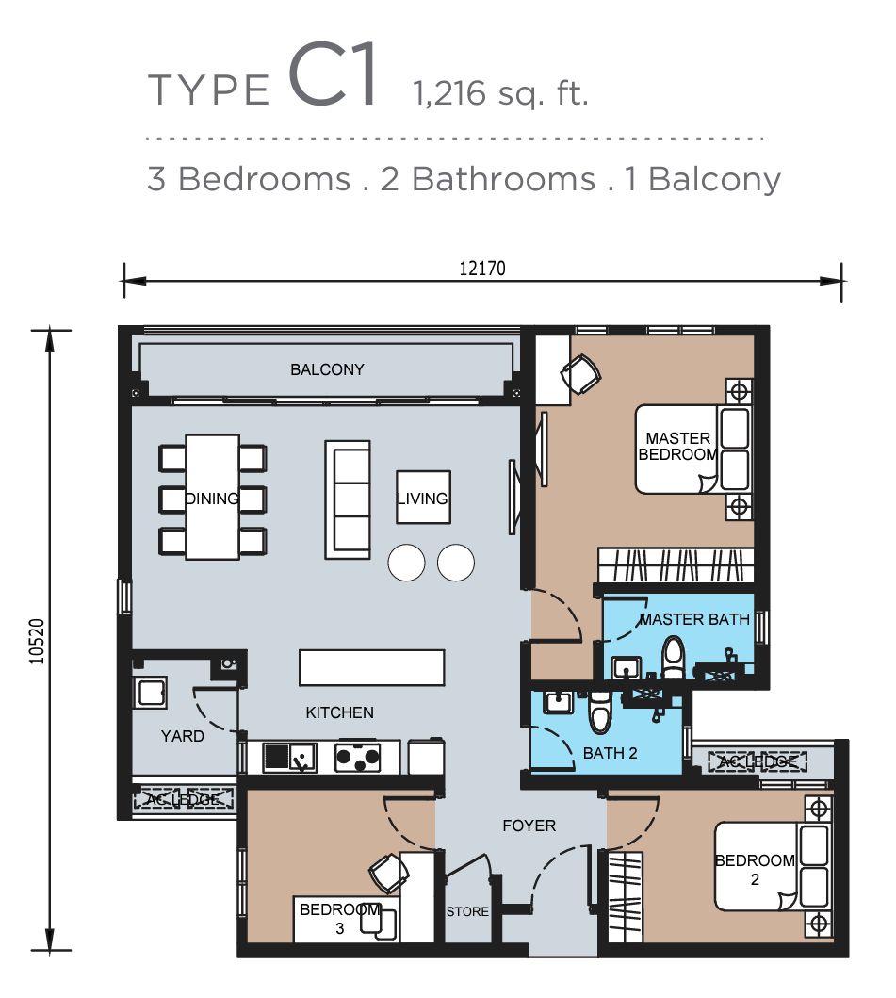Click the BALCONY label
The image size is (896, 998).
click(327, 369)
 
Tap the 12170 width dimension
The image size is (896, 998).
click(482, 268)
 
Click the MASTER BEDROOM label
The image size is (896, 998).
click(677, 446)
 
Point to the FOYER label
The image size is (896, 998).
click(529, 826)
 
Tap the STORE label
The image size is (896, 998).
click(467, 911)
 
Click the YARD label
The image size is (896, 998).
click(182, 736)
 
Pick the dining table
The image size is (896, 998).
click(212, 497)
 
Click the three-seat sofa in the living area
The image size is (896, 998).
click(348, 498)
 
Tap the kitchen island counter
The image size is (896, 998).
click(371, 667)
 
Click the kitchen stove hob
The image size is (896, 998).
click(358, 757)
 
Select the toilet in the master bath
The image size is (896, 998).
click(673, 657)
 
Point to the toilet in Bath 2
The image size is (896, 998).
click(599, 712)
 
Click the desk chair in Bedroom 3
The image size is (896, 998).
click(388, 873)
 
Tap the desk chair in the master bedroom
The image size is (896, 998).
click(581, 375)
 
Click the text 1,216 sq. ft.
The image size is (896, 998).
click(499, 93)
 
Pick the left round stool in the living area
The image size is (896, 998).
click(407, 563)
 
